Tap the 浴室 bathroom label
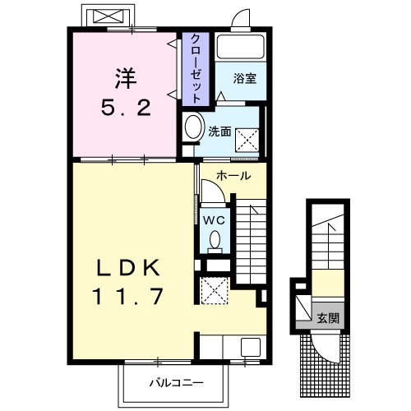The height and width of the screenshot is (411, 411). click(244, 79)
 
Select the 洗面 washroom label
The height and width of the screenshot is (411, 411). click(219, 130)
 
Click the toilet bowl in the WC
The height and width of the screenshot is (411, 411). click(215, 239)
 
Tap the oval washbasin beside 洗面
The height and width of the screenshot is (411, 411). click(194, 128)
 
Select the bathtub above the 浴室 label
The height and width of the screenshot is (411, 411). click(240, 48)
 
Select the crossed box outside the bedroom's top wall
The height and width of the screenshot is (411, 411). click(106, 16)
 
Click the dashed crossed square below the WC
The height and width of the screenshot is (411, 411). click(215, 290)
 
